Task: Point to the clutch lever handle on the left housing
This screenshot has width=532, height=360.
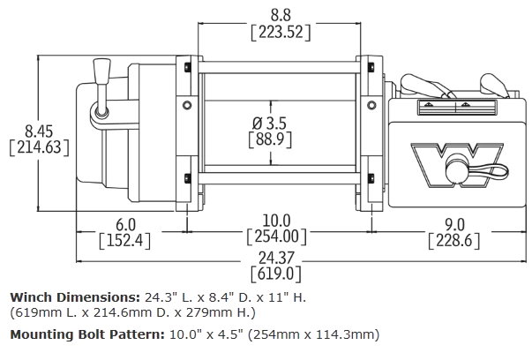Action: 101,88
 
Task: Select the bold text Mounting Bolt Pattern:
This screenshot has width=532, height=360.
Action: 90,335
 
